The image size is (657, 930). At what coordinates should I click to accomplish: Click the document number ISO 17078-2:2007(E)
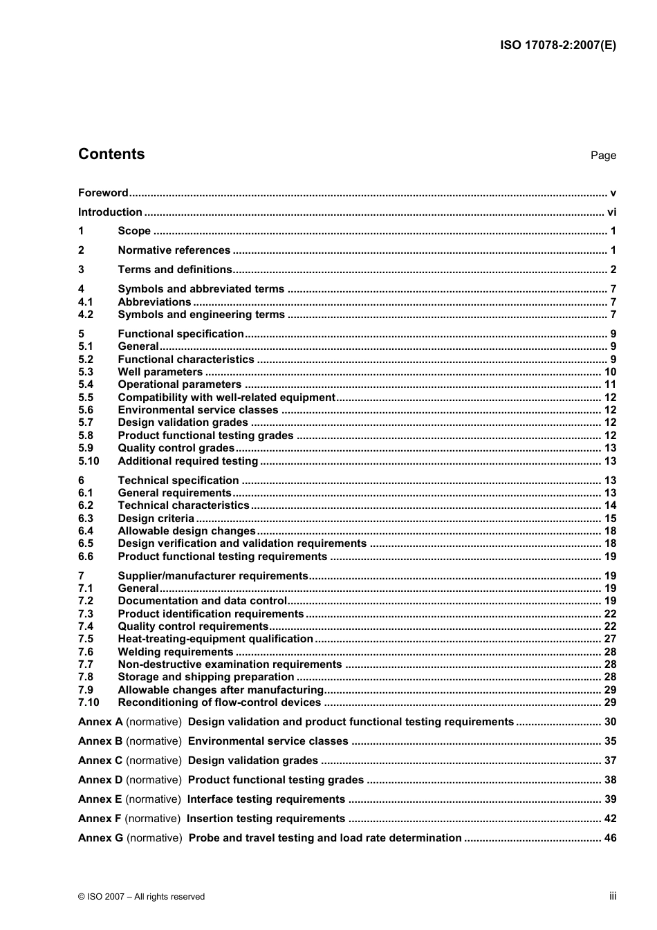pyautogui.click(x=557, y=46)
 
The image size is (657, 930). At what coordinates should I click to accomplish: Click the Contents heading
pyautogui.click(x=111, y=154)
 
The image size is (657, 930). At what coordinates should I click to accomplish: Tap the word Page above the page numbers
pyautogui.click(x=603, y=156)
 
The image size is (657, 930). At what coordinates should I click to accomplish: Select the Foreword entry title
pyautogui.click(x=103, y=193)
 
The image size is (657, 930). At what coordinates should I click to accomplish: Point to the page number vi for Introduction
pyautogui.click(x=611, y=212)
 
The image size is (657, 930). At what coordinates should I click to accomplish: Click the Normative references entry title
pyautogui.click(x=174, y=250)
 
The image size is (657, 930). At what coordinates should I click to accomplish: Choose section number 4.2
pyautogui.click(x=86, y=315)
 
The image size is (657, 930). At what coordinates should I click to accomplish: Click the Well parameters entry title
pyautogui.click(x=160, y=372)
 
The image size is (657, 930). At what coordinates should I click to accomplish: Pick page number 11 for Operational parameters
pyautogui.click(x=610, y=384)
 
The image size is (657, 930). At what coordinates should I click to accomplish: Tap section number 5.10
pyautogui.click(x=89, y=461)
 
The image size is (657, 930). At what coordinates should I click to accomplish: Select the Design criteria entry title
pyautogui.click(x=156, y=519)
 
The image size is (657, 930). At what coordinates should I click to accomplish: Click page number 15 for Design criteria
pyautogui.click(x=610, y=519)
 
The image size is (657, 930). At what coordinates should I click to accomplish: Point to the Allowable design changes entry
pyautogui.click(x=187, y=531)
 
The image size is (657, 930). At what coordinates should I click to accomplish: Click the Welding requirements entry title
pyautogui.click(x=176, y=652)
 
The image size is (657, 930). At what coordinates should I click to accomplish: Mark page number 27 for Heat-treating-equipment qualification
pyautogui.click(x=610, y=639)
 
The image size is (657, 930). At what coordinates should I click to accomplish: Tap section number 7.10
pyautogui.click(x=89, y=703)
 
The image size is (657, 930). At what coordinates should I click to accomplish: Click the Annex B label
pyautogui.click(x=100, y=741)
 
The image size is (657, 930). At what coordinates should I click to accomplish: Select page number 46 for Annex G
pyautogui.click(x=610, y=838)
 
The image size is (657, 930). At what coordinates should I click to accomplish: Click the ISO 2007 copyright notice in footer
pyautogui.click(x=141, y=897)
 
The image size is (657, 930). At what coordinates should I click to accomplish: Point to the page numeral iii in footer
pyautogui.click(x=613, y=896)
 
